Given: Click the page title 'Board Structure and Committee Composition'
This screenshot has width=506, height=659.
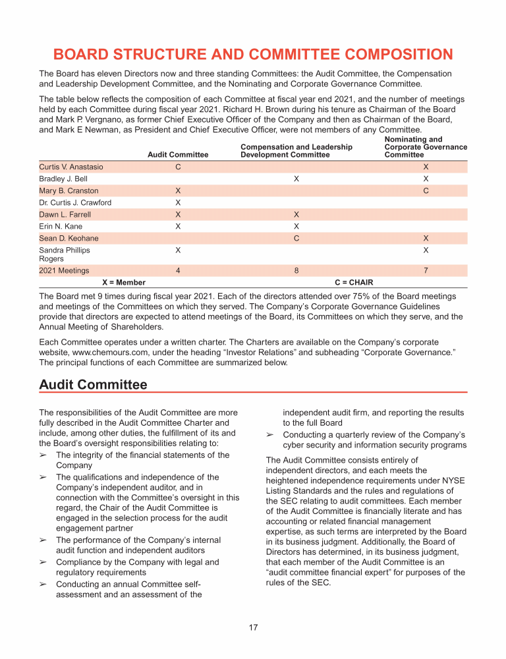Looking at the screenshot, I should (253, 54).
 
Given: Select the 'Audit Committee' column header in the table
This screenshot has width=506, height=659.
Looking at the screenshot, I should (178, 155).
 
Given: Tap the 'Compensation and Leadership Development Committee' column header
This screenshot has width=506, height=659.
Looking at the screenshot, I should (296, 151).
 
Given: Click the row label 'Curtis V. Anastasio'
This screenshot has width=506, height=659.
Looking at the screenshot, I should (71, 167).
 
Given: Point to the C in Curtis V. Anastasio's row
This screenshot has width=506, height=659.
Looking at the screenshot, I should (178, 167).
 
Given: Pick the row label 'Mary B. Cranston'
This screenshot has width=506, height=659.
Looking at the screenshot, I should (69, 190).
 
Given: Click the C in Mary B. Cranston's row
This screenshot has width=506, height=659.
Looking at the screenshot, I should (426, 190).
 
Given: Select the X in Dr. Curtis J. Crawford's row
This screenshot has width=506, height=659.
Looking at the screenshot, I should (178, 202).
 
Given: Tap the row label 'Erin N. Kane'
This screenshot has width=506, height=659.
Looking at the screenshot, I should (61, 226).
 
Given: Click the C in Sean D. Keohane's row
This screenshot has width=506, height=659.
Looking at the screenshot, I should (296, 238).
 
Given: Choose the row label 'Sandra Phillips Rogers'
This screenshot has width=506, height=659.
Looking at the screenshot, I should (65, 254).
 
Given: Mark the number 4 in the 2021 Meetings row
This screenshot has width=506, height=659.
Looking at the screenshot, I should (178, 270).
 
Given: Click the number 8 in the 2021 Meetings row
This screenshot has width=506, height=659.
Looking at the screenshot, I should (296, 270).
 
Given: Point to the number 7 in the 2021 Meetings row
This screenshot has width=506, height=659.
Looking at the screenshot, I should (426, 270).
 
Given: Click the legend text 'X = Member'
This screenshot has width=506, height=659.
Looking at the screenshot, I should (124, 282).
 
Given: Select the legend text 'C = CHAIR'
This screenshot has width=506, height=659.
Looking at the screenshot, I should (354, 282).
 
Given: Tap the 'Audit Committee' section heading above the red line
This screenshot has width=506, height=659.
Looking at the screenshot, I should (93, 384).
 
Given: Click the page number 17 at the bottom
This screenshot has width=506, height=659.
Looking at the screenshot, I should (253, 627).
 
